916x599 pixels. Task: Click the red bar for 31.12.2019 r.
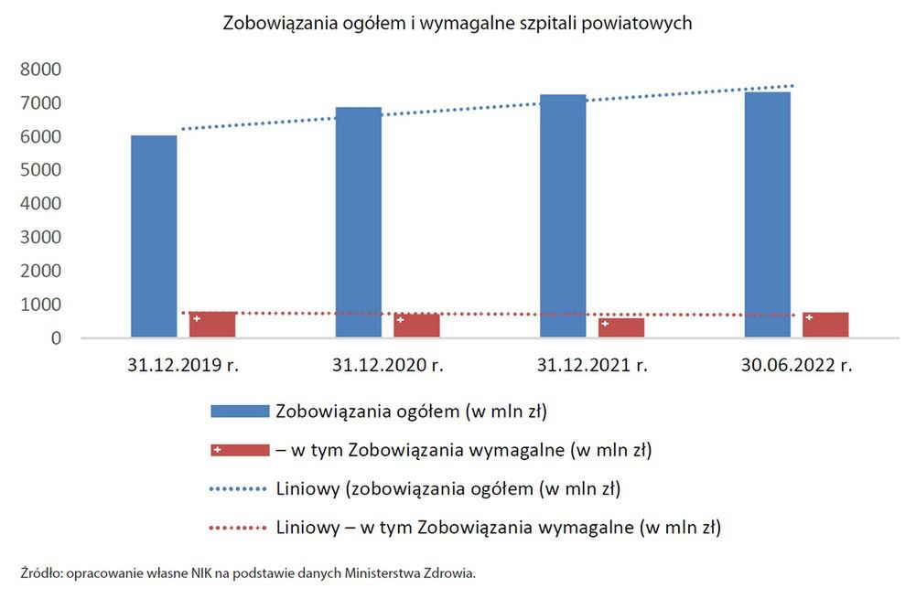pyautogui.click(x=213, y=326)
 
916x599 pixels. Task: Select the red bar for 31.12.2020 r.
pyautogui.click(x=417, y=326)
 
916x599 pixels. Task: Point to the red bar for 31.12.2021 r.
pyautogui.click(x=622, y=328)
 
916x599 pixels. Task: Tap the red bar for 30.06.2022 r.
pyautogui.click(x=826, y=326)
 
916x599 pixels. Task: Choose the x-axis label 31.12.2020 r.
pyautogui.click(x=388, y=366)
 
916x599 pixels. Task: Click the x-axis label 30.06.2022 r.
pyautogui.click(x=797, y=366)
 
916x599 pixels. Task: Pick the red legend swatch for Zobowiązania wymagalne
pyautogui.click(x=240, y=450)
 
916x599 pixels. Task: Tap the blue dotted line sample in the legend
pyautogui.click(x=240, y=489)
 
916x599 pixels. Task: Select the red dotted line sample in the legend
pyautogui.click(x=240, y=528)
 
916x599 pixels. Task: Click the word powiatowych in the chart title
pyautogui.click(x=640, y=24)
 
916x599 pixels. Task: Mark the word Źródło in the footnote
pyautogui.click(x=39, y=573)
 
